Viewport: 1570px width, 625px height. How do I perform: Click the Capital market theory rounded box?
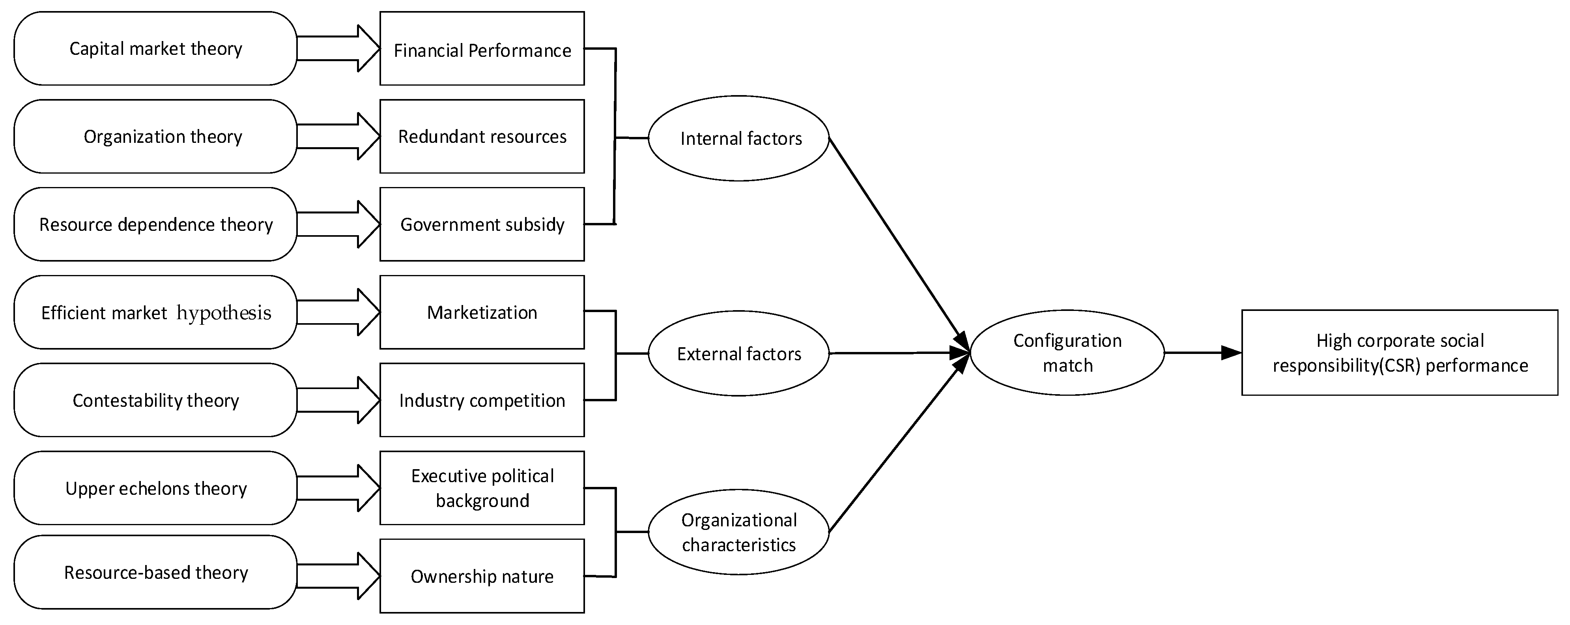[x=155, y=48]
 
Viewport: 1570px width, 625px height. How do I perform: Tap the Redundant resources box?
[x=482, y=137]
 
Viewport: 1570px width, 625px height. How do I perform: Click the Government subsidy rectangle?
[x=482, y=225]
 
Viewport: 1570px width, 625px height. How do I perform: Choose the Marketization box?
[x=482, y=312]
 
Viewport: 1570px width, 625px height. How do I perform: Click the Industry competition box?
[x=482, y=400]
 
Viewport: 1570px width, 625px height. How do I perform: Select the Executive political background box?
[x=482, y=488]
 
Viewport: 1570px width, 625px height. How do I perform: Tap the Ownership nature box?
[x=482, y=576]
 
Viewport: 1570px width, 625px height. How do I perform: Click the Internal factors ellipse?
[x=739, y=138]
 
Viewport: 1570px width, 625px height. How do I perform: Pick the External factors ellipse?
[x=739, y=354]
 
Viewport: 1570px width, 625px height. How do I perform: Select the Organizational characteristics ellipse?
[x=739, y=532]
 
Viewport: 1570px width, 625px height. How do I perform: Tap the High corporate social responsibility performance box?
[x=1399, y=352]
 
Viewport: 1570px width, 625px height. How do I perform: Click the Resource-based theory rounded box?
[x=155, y=572]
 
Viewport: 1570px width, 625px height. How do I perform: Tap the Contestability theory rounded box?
[x=155, y=400]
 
